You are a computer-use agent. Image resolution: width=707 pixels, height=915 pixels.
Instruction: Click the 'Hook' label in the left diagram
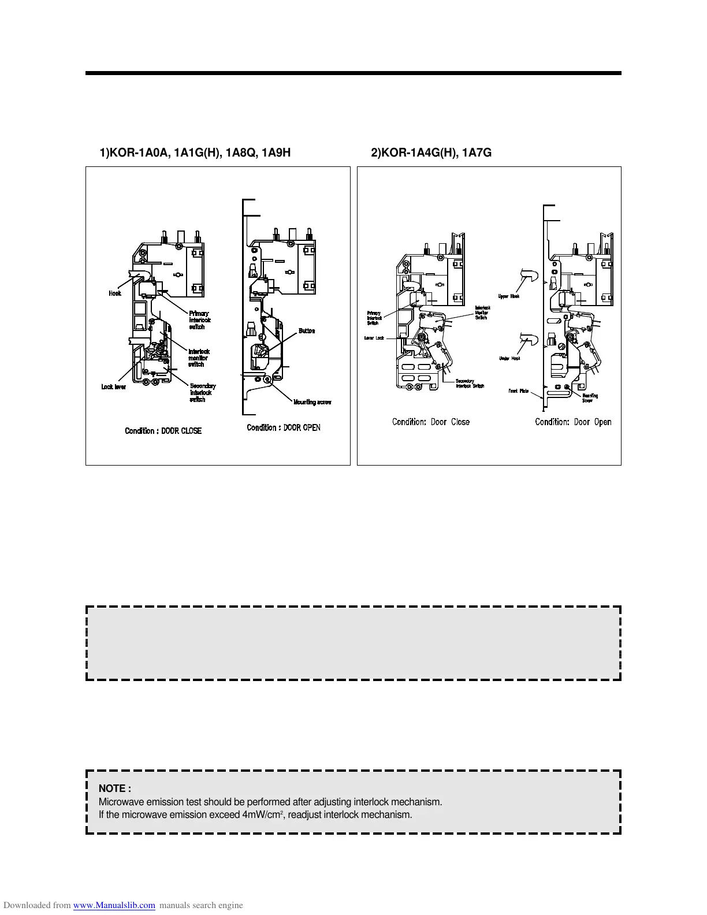[x=115, y=293]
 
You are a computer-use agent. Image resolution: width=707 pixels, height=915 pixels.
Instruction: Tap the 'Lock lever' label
[x=113, y=387]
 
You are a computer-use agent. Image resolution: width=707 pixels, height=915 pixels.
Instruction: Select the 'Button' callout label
[x=307, y=331]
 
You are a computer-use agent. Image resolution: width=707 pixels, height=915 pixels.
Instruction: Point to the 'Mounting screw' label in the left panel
[x=312, y=402]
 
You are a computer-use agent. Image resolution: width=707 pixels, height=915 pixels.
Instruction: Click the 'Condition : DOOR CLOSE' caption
[x=163, y=431]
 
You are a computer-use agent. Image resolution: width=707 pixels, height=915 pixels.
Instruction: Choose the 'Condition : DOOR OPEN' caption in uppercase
[x=283, y=427]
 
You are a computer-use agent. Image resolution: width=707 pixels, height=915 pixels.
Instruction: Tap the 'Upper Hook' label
[x=508, y=296]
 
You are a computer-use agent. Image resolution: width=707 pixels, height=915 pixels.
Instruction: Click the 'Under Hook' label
[x=509, y=358]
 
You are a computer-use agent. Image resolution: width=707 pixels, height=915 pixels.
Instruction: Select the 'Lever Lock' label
[x=374, y=338]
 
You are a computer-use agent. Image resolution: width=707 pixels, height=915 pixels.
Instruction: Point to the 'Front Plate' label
[x=518, y=391]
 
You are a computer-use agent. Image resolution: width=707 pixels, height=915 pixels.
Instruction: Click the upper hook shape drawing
[x=530, y=279]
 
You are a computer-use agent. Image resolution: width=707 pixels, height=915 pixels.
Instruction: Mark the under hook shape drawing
[x=530, y=341]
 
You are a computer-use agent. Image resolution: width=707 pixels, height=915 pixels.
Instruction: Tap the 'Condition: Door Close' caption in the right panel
[x=430, y=422]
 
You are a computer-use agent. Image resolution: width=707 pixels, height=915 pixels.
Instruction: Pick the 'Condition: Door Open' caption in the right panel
[x=573, y=422]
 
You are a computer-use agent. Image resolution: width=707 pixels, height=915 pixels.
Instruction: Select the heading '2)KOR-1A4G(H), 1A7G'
[x=431, y=153]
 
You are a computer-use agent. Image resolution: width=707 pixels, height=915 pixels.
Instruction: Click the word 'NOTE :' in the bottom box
[x=115, y=788]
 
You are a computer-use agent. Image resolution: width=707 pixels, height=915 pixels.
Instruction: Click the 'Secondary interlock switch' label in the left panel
[x=202, y=393]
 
